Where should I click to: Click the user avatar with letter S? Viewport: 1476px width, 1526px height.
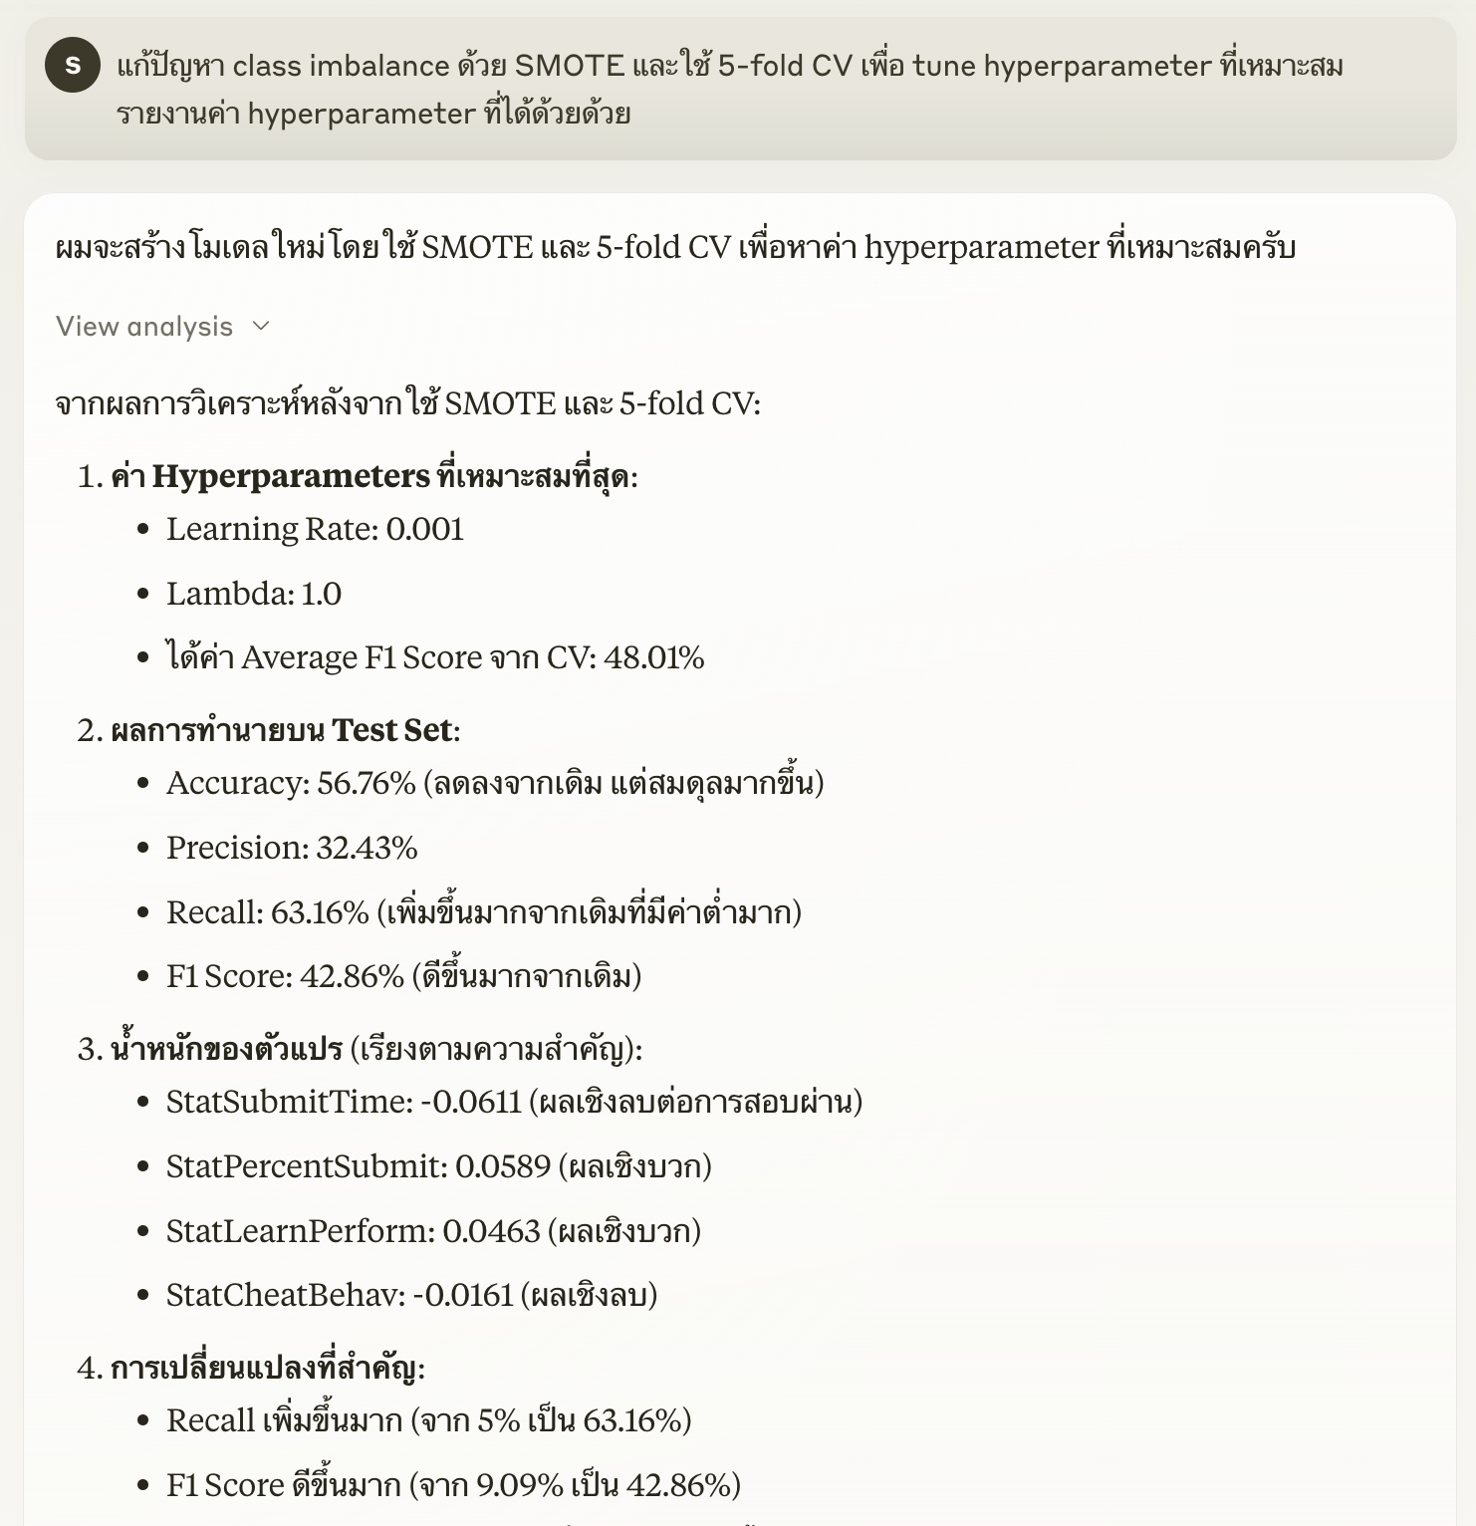(x=73, y=65)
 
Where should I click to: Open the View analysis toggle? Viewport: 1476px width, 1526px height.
(x=144, y=327)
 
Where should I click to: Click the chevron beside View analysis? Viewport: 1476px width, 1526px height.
(x=261, y=327)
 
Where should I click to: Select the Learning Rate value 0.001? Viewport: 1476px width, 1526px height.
(x=425, y=529)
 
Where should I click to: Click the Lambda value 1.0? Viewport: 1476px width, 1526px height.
(x=321, y=594)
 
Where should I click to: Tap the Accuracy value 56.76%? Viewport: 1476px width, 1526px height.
(x=366, y=783)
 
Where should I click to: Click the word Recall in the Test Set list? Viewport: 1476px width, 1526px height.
(x=211, y=912)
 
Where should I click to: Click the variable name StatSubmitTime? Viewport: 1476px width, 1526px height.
(x=287, y=1102)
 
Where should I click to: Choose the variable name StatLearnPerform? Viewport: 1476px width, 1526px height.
(x=300, y=1231)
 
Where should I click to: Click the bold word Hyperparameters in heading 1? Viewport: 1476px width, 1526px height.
(x=291, y=476)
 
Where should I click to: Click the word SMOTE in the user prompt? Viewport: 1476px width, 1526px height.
(x=569, y=66)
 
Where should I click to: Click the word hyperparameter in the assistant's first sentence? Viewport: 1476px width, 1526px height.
(x=981, y=247)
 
